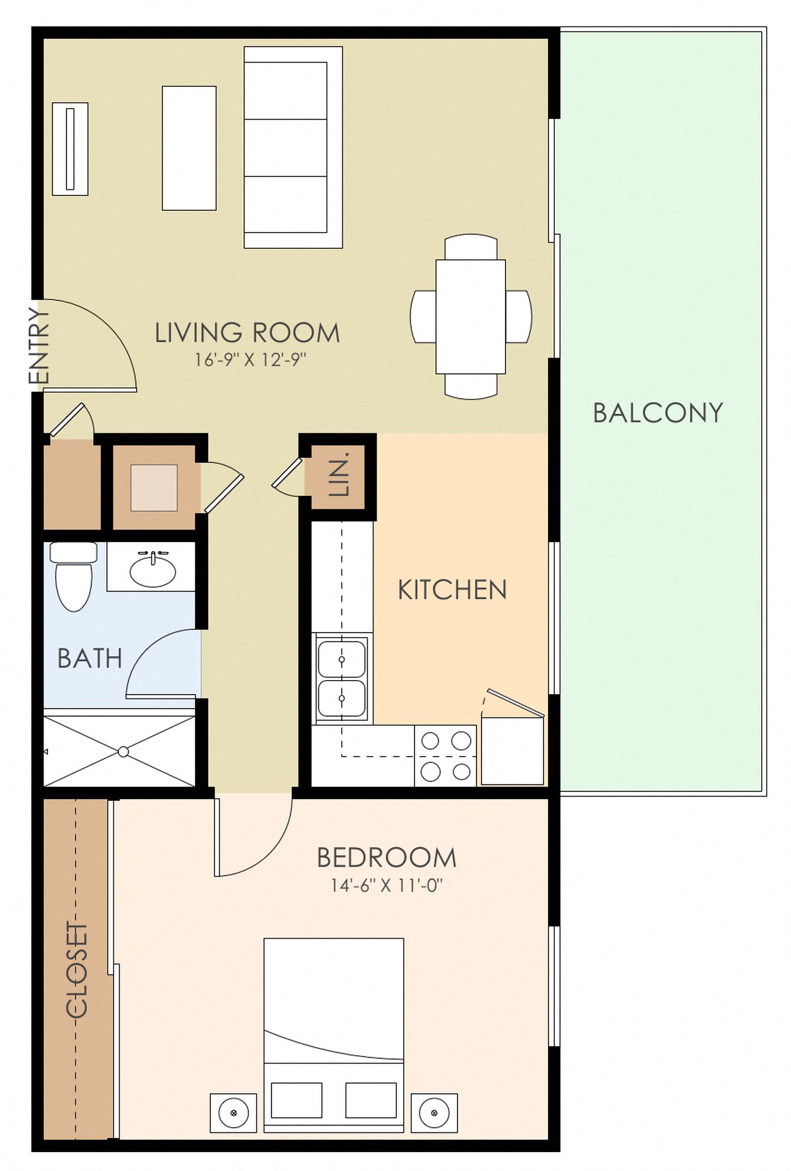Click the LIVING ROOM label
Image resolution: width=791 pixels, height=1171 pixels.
(247, 333)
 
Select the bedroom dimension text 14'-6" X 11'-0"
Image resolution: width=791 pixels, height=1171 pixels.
(386, 886)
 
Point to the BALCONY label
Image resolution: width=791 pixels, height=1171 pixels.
(658, 413)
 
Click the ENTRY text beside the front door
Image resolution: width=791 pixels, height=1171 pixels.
(39, 345)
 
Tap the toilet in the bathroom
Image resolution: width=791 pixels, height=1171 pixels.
(73, 577)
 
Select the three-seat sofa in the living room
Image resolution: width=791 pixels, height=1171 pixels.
(292, 147)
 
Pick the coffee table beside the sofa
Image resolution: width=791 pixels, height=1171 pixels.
(189, 148)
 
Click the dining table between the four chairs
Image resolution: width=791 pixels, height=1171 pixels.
(470, 316)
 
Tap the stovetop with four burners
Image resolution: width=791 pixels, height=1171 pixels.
(445, 756)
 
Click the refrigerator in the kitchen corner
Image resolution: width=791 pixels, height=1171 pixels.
(512, 750)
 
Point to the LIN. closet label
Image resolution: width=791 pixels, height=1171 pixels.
(340, 473)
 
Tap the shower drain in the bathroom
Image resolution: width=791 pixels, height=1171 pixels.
(123, 752)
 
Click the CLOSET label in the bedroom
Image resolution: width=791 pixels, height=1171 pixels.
(77, 970)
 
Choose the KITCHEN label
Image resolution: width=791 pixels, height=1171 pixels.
(452, 590)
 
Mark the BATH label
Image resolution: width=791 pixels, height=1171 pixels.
(89, 659)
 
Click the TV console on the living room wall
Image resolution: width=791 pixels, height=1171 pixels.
(70, 149)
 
